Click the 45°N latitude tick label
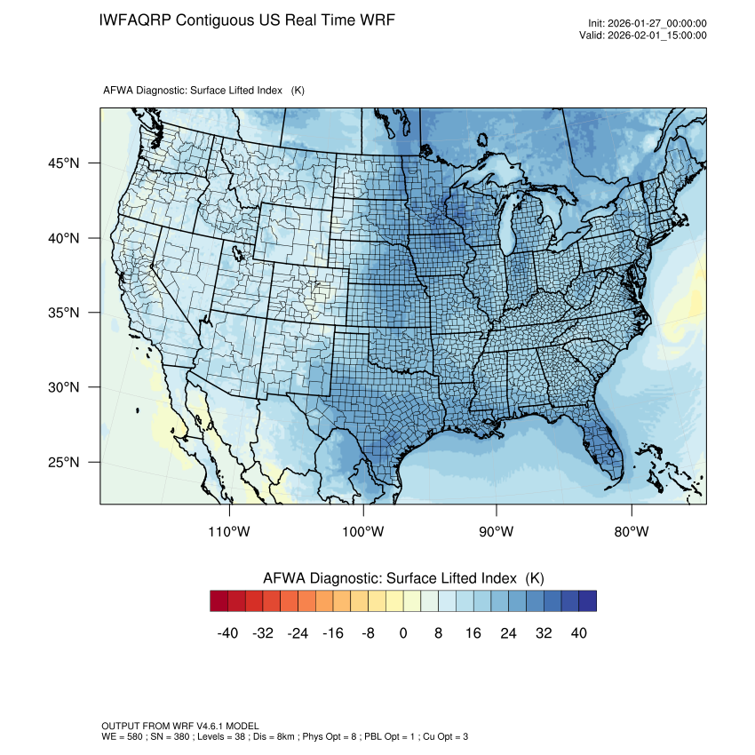(x=63, y=163)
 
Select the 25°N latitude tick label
(x=63, y=462)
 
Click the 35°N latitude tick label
(x=63, y=313)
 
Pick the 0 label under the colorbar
(x=403, y=633)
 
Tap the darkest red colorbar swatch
(x=219, y=601)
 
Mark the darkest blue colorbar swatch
(x=587, y=601)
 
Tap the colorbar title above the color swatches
(x=403, y=577)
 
